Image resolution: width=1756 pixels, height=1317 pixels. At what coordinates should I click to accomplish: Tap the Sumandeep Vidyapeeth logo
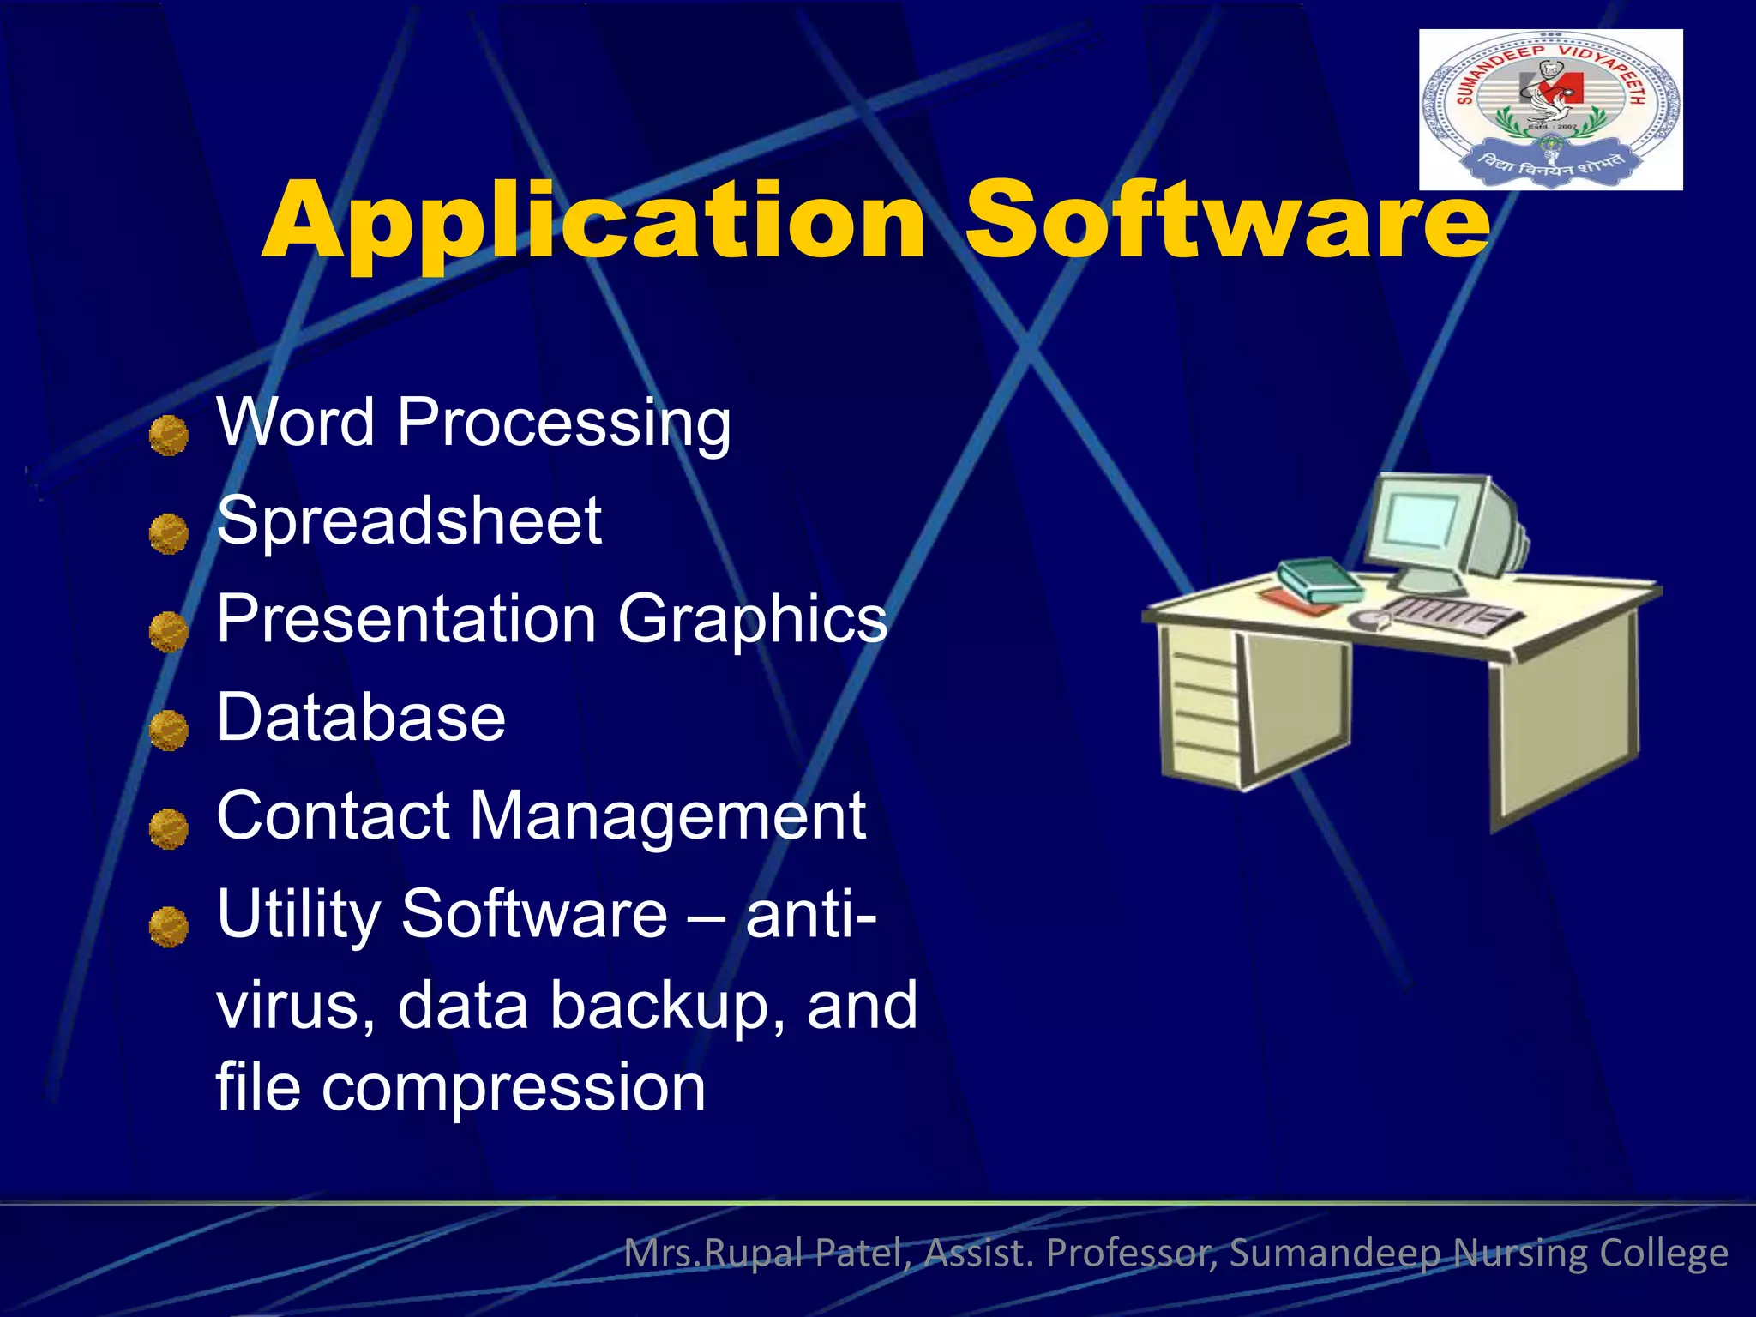click(x=1550, y=110)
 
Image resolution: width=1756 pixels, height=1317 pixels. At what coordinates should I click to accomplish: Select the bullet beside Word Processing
click(x=168, y=436)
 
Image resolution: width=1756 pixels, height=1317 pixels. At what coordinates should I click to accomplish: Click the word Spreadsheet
click(x=409, y=520)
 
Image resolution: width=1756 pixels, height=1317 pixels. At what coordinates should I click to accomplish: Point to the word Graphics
click(x=752, y=619)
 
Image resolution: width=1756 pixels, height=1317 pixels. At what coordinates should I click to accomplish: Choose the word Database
click(x=361, y=718)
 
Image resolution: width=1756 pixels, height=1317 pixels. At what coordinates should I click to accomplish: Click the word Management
click(x=668, y=815)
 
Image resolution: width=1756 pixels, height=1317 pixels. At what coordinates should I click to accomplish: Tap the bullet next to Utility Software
click(x=168, y=927)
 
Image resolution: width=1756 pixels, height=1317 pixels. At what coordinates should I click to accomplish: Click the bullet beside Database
click(x=168, y=731)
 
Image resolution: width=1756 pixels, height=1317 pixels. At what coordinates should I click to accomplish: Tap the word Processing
click(x=563, y=423)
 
